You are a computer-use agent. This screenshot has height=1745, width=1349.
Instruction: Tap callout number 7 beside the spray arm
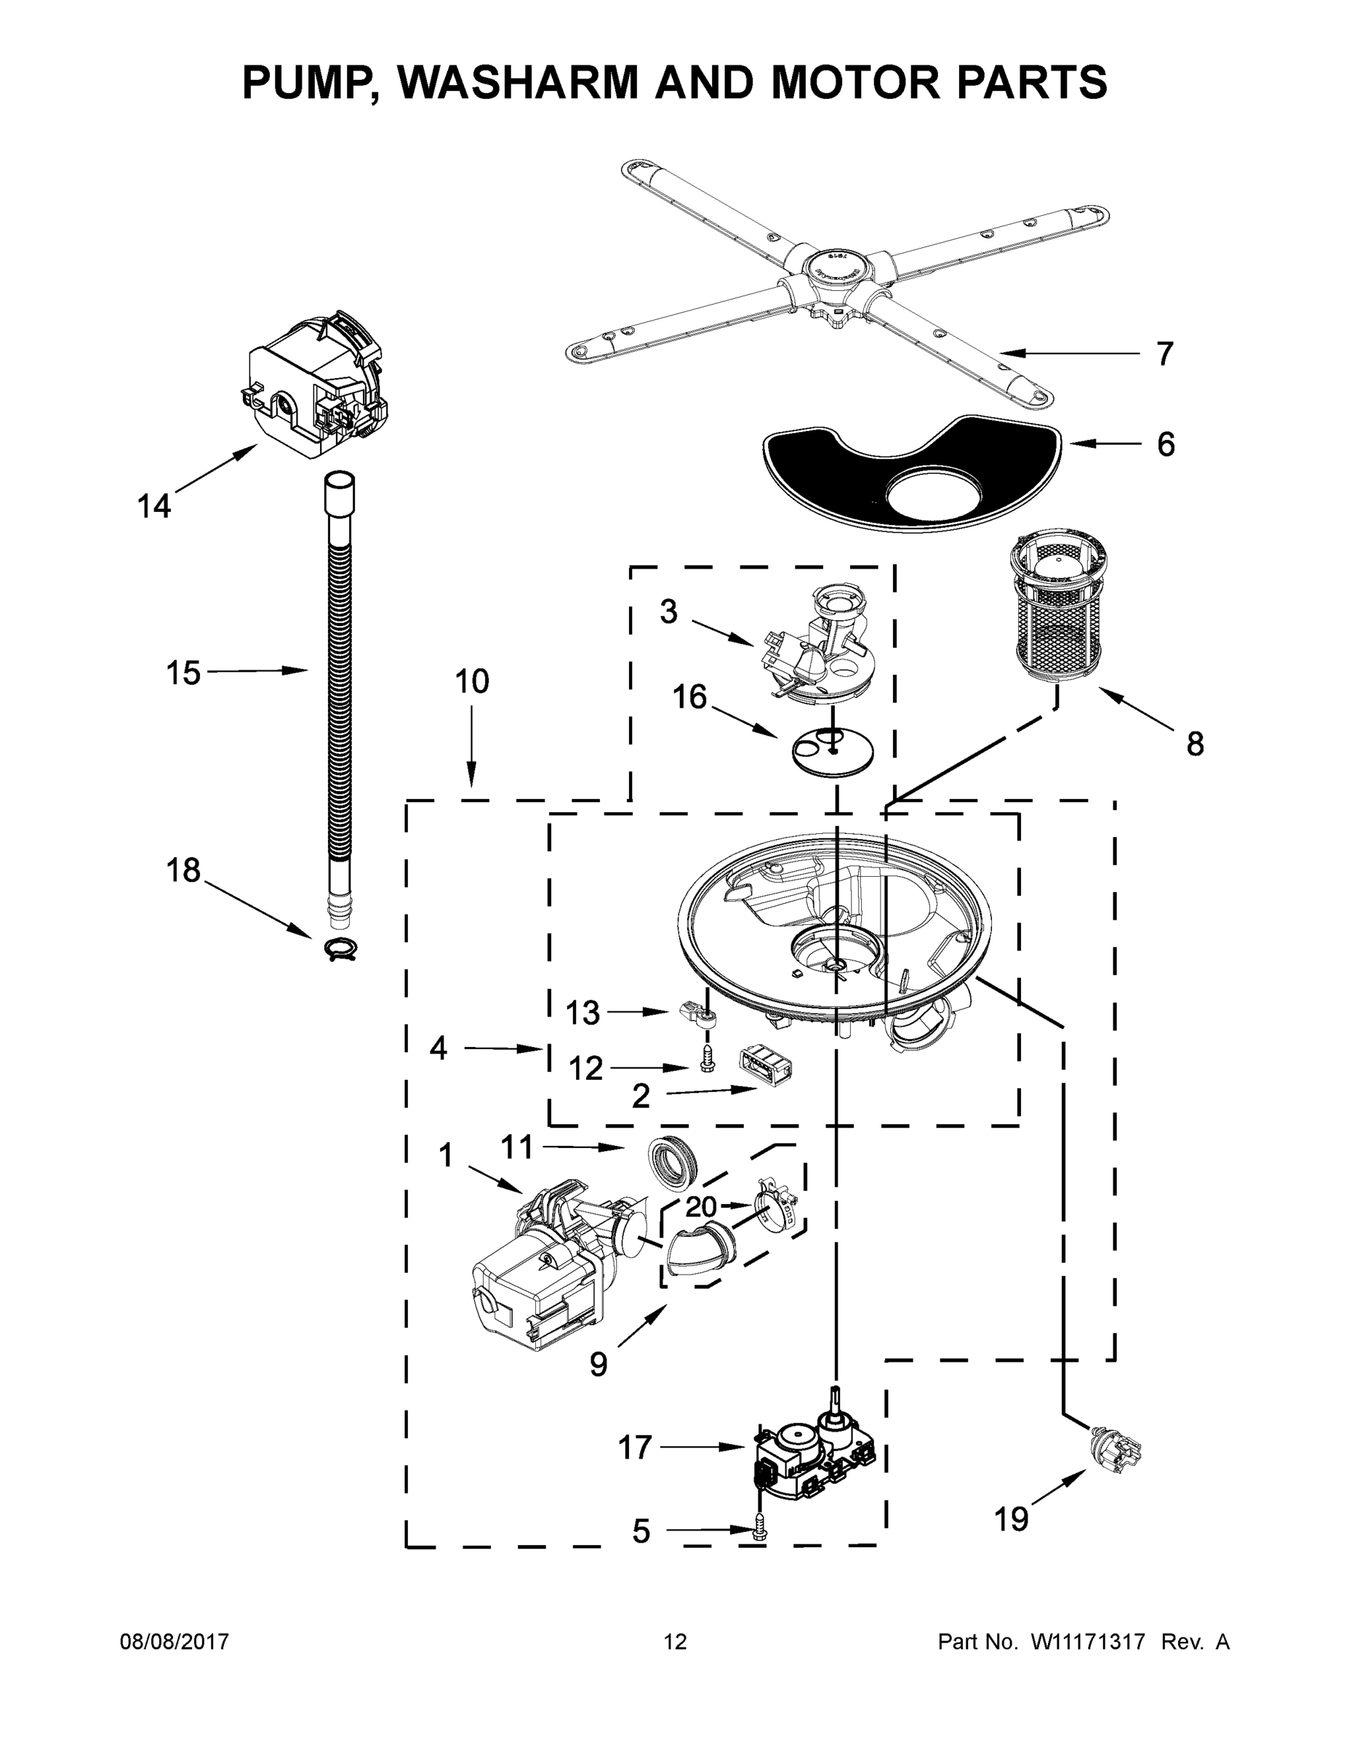coord(1165,353)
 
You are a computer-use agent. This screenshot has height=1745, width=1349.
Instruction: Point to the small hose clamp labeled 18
coord(340,947)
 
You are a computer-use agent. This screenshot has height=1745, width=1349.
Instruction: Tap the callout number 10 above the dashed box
coord(471,681)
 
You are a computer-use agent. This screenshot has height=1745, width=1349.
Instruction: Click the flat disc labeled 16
coord(831,752)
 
